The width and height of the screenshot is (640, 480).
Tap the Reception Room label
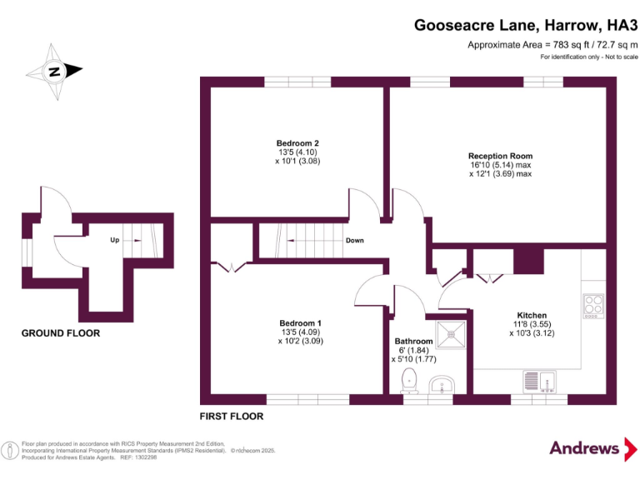(500, 156)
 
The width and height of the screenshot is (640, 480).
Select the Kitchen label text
(531, 315)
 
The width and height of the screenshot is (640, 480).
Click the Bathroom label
(413, 342)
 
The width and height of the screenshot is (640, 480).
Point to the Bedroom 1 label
(300, 323)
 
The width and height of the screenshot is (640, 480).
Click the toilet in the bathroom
(409, 381)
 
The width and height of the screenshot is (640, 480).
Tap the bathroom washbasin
(442, 385)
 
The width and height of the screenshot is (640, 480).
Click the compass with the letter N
(55, 71)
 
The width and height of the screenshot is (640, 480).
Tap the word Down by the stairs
(354, 241)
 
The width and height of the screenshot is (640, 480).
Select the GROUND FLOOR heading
(61, 333)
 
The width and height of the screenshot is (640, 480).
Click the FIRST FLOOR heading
(231, 416)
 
